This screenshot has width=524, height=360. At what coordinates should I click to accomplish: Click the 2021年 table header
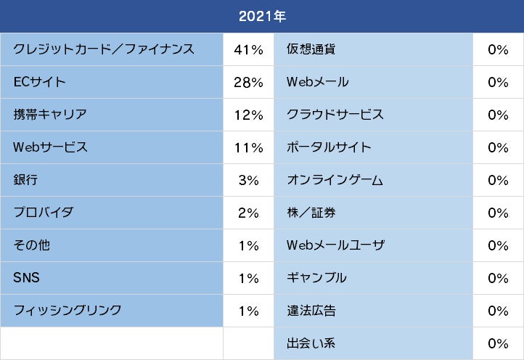(262, 17)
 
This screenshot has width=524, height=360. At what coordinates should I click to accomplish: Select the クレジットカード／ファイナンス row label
(104, 49)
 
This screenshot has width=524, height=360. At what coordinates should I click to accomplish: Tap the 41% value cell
(248, 49)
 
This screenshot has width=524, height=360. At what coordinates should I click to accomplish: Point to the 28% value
(248, 82)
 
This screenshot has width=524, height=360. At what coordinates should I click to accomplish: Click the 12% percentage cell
(248, 115)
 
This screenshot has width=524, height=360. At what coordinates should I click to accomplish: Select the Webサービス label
(50, 147)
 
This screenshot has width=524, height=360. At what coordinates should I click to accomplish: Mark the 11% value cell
(248, 147)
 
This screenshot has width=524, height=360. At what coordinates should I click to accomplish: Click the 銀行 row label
(25, 180)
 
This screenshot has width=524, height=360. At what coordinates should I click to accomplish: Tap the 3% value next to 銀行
(248, 180)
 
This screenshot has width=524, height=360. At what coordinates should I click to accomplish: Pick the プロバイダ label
(44, 213)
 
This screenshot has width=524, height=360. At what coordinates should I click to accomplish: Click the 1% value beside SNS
(248, 278)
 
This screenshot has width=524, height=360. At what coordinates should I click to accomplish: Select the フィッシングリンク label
(67, 311)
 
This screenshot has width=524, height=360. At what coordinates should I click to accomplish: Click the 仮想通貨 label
(311, 49)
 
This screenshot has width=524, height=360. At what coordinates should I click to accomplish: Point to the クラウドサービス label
(335, 115)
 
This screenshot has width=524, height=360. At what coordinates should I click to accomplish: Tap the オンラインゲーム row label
(335, 180)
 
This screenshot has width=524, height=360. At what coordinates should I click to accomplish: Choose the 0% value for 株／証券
(498, 213)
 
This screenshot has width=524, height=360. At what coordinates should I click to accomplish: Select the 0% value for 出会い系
(498, 343)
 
